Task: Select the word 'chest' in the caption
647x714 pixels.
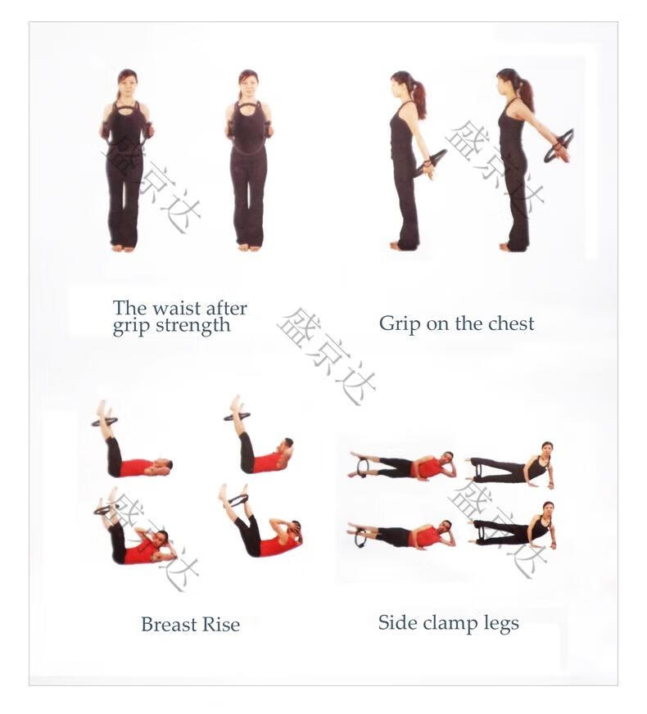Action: (x=511, y=323)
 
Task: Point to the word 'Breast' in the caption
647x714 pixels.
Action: (x=169, y=624)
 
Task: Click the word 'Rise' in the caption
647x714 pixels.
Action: (x=221, y=624)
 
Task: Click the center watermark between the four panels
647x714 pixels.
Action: (x=326, y=356)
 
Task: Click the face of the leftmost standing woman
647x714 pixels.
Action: (x=127, y=84)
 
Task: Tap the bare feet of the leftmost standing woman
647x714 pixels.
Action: (x=124, y=248)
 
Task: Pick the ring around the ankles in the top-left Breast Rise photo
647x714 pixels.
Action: (x=104, y=422)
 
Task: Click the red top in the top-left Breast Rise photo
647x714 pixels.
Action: (x=136, y=468)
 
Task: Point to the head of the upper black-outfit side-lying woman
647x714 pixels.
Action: (x=546, y=449)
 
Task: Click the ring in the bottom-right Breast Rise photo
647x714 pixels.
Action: (x=238, y=500)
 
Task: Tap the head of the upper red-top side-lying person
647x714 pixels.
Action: (x=449, y=459)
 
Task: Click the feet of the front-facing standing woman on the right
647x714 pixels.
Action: (x=249, y=247)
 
